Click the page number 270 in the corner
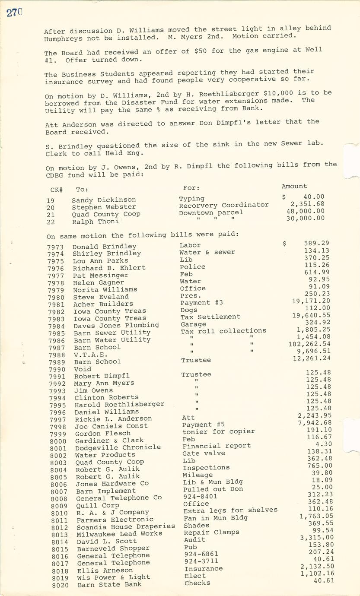(x=14, y=13)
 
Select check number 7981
(x=56, y=304)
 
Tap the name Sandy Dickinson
(x=104, y=200)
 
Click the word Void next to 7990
(x=83, y=369)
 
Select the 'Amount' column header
(x=294, y=186)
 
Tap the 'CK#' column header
(x=57, y=190)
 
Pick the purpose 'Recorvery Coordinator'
(x=223, y=205)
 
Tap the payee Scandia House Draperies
(x=125, y=526)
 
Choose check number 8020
(x=60, y=585)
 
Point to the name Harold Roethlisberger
(x=119, y=405)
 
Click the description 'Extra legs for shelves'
(x=230, y=510)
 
